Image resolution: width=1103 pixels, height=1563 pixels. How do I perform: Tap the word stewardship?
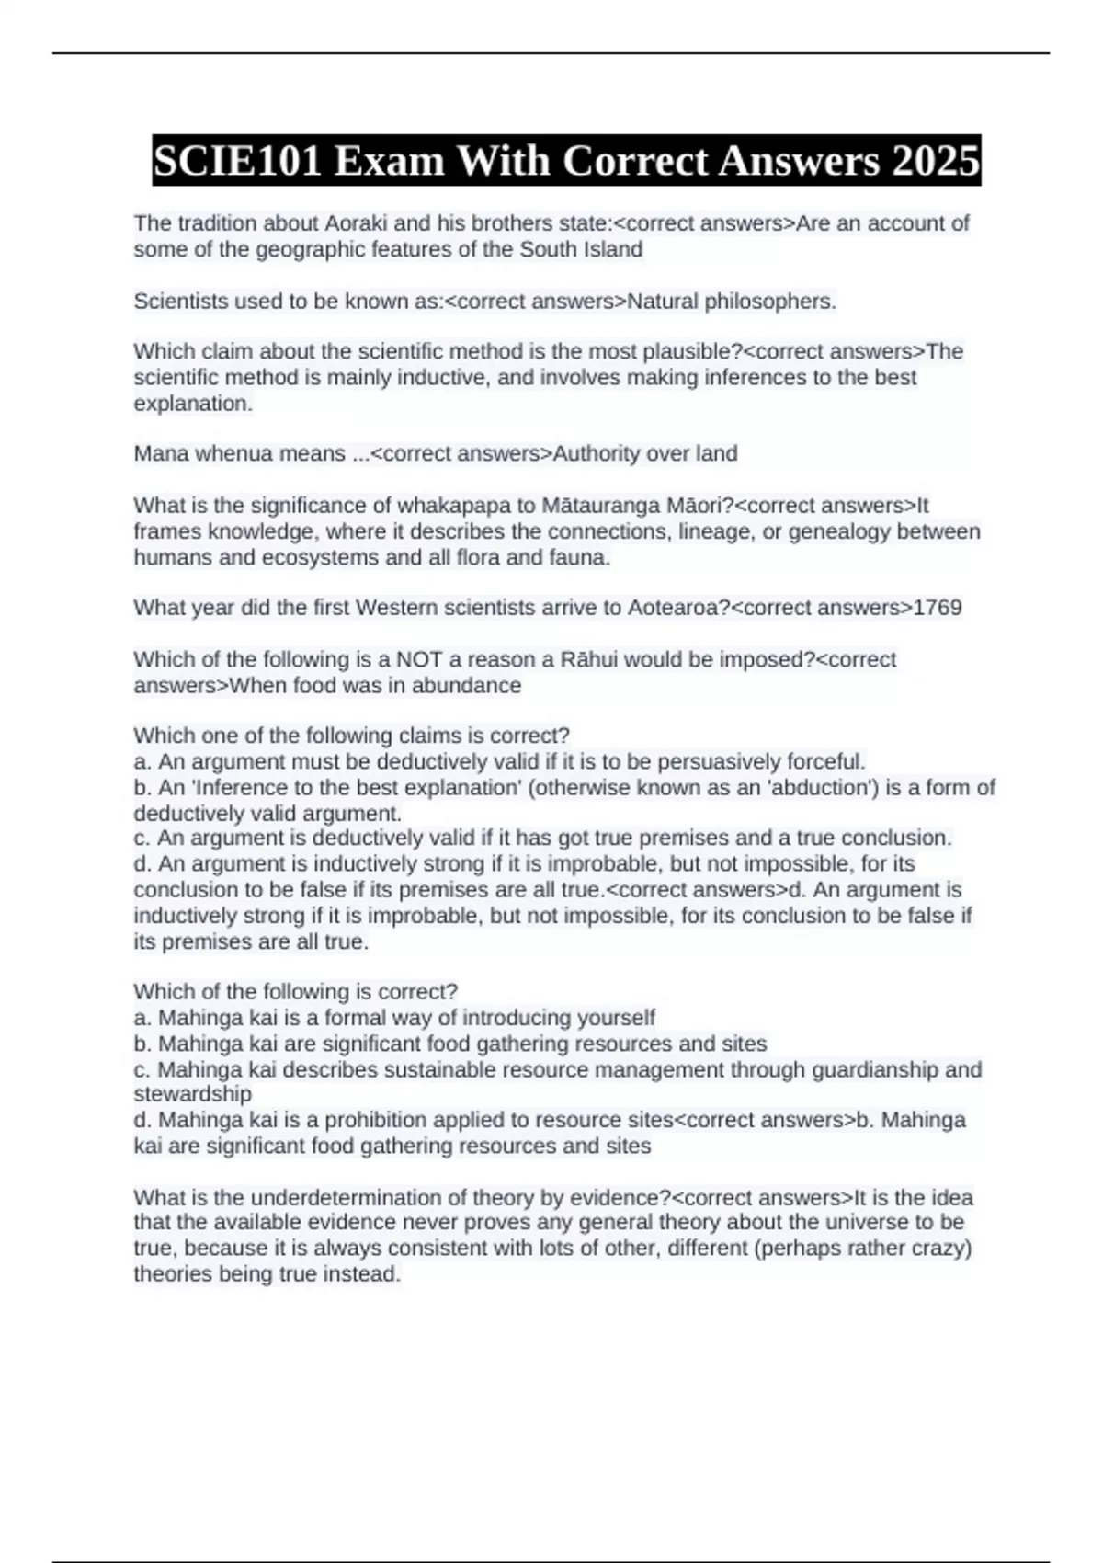click(192, 1094)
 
